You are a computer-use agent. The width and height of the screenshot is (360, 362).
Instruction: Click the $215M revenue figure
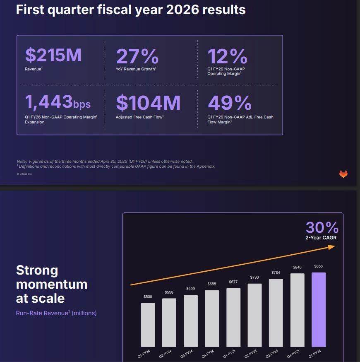tap(53, 55)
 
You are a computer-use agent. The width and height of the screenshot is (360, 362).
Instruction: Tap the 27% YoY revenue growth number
tap(137, 56)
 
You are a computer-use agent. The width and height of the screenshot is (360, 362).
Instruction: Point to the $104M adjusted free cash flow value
tap(148, 103)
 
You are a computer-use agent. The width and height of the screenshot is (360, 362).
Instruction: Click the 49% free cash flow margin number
tap(229, 103)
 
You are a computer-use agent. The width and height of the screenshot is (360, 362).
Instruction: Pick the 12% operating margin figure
tap(227, 56)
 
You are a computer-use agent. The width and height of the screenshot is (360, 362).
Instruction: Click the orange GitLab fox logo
tap(343, 174)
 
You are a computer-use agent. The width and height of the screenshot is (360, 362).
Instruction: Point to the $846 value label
tap(297, 268)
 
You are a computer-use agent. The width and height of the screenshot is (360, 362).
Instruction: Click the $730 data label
tap(254, 277)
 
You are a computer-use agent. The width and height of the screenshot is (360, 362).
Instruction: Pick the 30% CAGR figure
tap(322, 227)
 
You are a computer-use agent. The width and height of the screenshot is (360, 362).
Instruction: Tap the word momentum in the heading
tap(52, 284)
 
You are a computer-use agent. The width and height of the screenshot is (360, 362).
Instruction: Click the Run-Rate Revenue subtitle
tap(41, 313)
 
